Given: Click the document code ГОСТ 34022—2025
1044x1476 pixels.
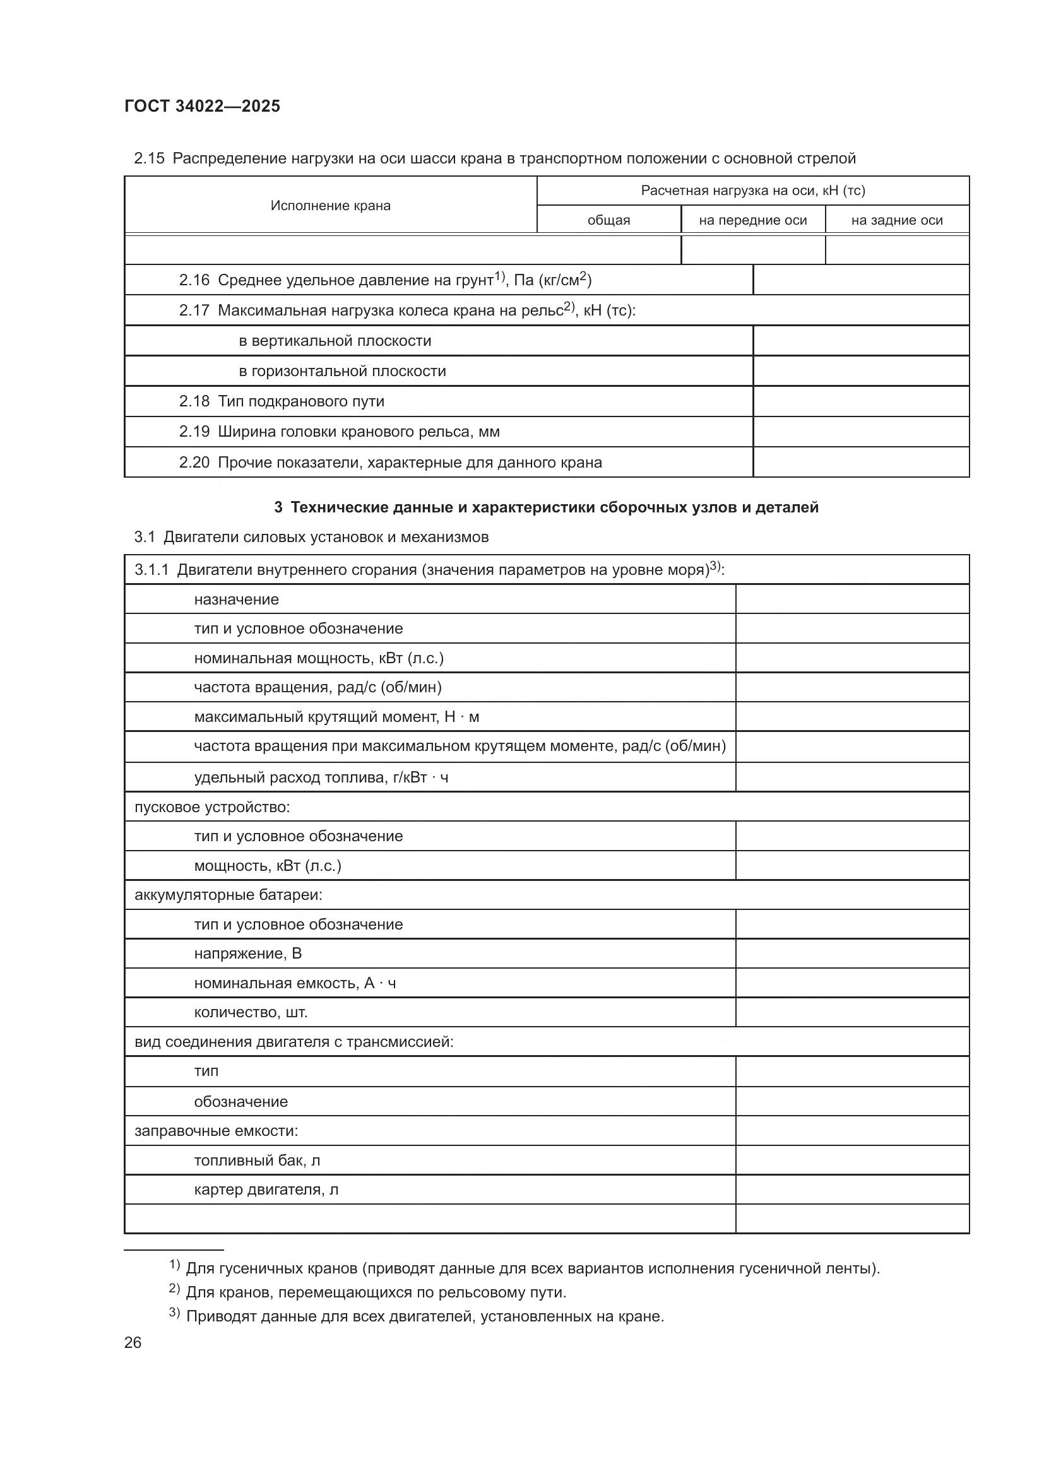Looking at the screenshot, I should [x=203, y=106].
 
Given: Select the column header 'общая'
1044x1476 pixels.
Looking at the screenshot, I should [x=608, y=220].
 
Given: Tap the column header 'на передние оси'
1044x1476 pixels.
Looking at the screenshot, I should [x=753, y=220].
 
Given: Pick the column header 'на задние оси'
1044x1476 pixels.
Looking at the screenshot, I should [x=897, y=220].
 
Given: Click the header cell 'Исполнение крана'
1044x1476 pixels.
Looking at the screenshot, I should [x=330, y=206].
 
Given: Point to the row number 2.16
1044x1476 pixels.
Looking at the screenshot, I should [x=194, y=280].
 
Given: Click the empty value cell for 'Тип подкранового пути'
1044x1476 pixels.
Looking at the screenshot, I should [x=861, y=402].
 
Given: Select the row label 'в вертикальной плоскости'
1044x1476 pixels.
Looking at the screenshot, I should [x=335, y=341].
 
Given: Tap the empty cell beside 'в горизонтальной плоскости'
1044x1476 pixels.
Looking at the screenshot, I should [x=861, y=372].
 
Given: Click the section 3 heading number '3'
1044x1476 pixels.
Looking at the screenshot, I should [x=278, y=507].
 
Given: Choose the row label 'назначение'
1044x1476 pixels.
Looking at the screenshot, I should [x=237, y=599].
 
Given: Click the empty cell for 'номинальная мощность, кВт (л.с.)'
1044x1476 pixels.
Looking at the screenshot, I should [x=851, y=658].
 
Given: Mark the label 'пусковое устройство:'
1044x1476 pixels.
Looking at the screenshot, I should [x=212, y=807].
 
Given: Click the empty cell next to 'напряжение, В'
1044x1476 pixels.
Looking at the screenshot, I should [x=851, y=953].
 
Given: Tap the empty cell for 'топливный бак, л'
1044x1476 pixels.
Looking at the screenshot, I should [x=851, y=1160].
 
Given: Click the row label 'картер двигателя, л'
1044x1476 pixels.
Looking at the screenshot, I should [x=266, y=1190].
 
